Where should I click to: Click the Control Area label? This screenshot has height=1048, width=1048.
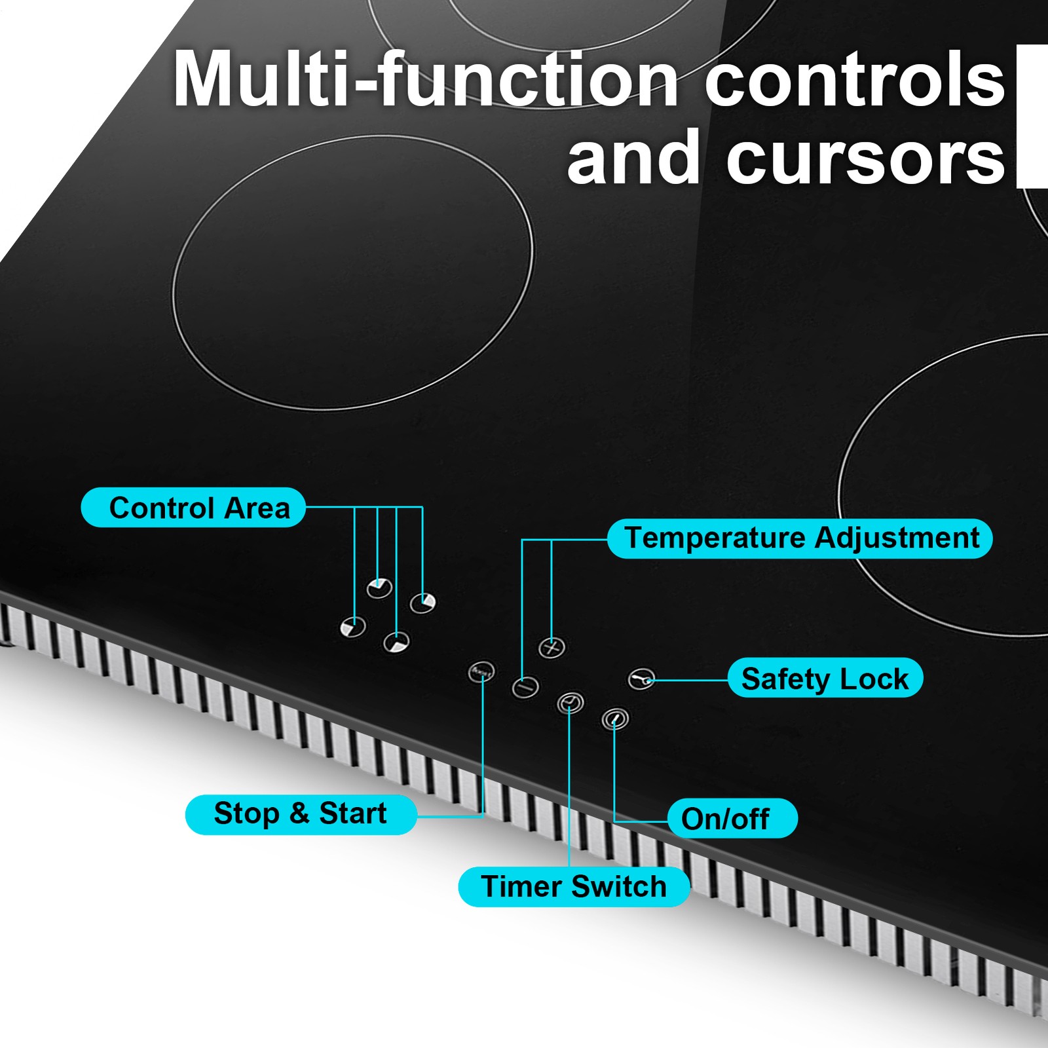(x=193, y=508)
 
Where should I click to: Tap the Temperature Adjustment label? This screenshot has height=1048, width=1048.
(x=800, y=538)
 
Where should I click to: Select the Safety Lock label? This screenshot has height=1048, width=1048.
(x=825, y=678)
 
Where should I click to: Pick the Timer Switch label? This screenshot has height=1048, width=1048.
(x=573, y=887)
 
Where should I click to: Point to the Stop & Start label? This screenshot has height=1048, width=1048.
(x=301, y=814)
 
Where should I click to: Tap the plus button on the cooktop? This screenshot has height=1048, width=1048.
(x=552, y=647)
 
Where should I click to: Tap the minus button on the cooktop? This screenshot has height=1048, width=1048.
(x=525, y=686)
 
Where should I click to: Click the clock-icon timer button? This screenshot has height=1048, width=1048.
(x=570, y=703)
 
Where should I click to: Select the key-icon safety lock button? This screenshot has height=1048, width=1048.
(x=641, y=679)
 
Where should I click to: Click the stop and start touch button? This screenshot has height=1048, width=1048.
(x=481, y=671)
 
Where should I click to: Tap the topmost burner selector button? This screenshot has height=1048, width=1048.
(x=379, y=588)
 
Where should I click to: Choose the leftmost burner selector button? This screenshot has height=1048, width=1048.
(x=353, y=627)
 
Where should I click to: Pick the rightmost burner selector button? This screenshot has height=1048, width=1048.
(x=422, y=603)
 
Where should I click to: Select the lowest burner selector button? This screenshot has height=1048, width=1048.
(x=396, y=643)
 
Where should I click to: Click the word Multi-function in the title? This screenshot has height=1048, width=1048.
(x=424, y=80)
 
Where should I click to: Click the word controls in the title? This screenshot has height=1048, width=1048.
(x=854, y=80)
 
